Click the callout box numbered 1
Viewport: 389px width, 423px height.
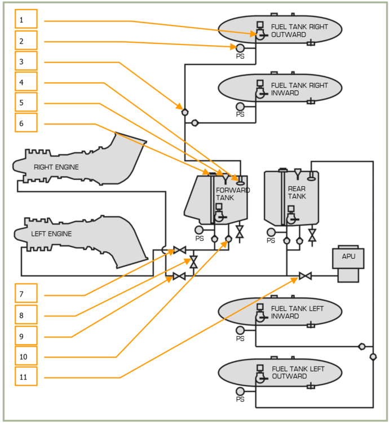pyautogui.click(x=26, y=19)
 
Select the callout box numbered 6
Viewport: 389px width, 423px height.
pyautogui.click(x=26, y=122)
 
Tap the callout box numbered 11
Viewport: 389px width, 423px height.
pyautogui.click(x=26, y=376)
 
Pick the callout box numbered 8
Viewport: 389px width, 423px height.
pyautogui.click(x=26, y=314)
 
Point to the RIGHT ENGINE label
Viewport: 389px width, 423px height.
pyautogui.click(x=56, y=167)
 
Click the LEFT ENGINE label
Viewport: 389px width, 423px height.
pyautogui.click(x=51, y=233)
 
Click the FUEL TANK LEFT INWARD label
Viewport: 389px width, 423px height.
pyautogui.click(x=297, y=312)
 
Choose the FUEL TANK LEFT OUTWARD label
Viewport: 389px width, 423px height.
pyautogui.click(x=297, y=373)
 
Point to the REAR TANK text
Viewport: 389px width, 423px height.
pyautogui.click(x=297, y=192)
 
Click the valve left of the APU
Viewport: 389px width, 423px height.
pyautogui.click(x=305, y=276)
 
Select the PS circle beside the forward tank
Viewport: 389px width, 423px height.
pyautogui.click(x=198, y=230)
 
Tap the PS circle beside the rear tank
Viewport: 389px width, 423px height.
pyautogui.click(x=271, y=232)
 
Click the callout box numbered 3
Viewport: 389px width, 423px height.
pyautogui.click(x=26, y=61)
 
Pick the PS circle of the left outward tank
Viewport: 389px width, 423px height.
pyautogui.click(x=240, y=391)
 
